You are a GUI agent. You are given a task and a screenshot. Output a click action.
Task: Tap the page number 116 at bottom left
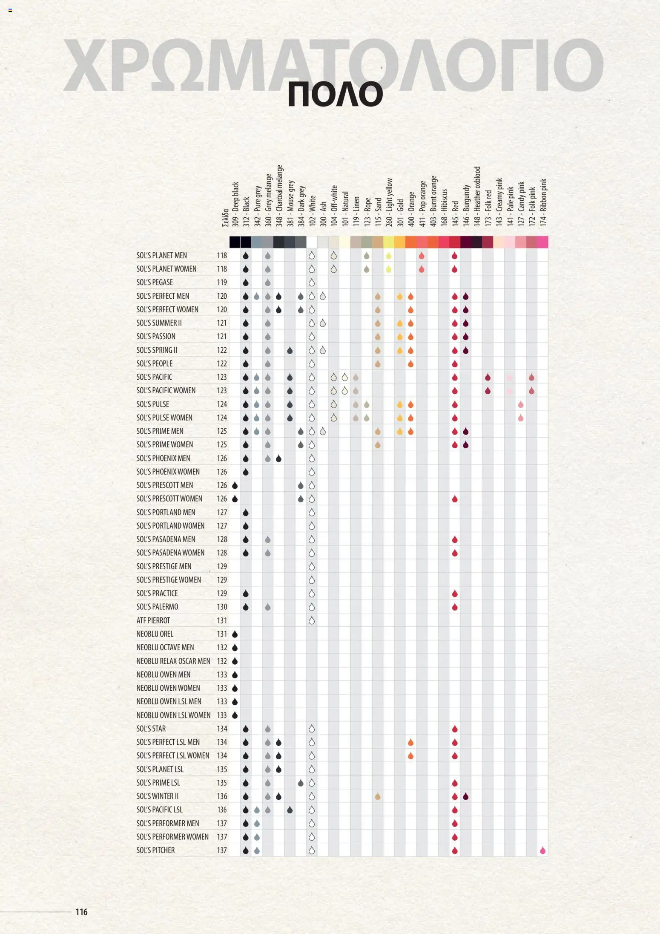click(81, 911)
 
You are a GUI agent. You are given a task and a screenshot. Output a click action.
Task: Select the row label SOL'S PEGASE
click(155, 282)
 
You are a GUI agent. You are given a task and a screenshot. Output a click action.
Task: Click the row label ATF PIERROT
click(153, 620)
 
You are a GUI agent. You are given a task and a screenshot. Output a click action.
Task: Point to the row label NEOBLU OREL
click(155, 634)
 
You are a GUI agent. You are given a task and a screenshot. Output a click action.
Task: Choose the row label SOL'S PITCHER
click(155, 850)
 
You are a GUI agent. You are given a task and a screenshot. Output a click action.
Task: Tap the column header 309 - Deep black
click(235, 204)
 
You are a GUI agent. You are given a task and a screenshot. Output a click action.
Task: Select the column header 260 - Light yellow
click(389, 202)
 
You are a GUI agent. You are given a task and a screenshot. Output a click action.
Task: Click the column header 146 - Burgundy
click(466, 205)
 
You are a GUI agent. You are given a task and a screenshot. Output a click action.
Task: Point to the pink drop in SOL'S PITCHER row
click(542, 850)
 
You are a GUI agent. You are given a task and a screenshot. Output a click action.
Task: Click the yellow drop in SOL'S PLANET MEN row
click(389, 256)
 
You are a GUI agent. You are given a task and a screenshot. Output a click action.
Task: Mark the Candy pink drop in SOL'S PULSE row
click(520, 404)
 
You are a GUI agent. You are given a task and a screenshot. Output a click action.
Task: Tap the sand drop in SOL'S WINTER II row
click(378, 796)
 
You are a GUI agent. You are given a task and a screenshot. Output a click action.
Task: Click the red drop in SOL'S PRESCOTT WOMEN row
click(455, 499)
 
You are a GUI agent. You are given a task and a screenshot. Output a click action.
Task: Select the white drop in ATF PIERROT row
click(312, 620)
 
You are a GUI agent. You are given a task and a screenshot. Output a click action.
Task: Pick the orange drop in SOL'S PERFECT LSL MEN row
click(410, 742)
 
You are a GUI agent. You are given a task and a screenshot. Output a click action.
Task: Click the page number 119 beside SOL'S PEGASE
click(222, 282)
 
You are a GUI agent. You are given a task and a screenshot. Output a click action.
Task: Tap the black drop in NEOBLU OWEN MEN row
click(235, 675)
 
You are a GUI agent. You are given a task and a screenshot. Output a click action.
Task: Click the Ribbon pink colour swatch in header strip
click(542, 242)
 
